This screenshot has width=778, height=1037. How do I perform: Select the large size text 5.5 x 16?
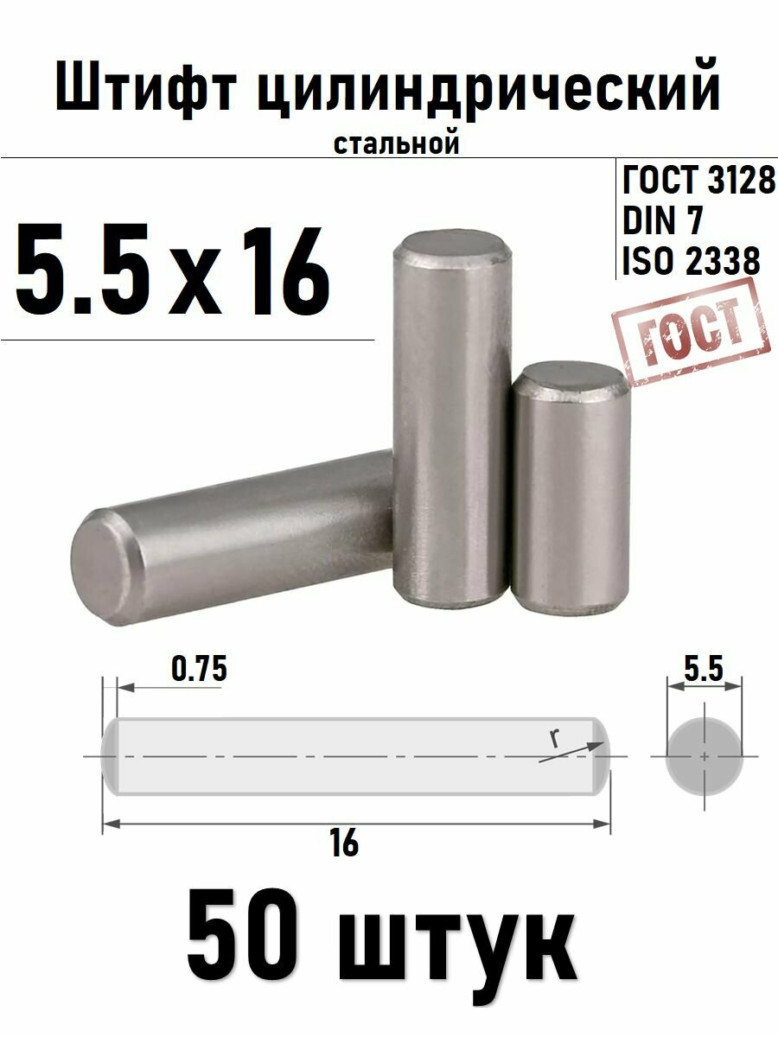[x=173, y=271]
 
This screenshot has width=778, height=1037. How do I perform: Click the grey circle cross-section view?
[x=705, y=756]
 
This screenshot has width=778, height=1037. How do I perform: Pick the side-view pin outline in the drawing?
[x=355, y=756]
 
